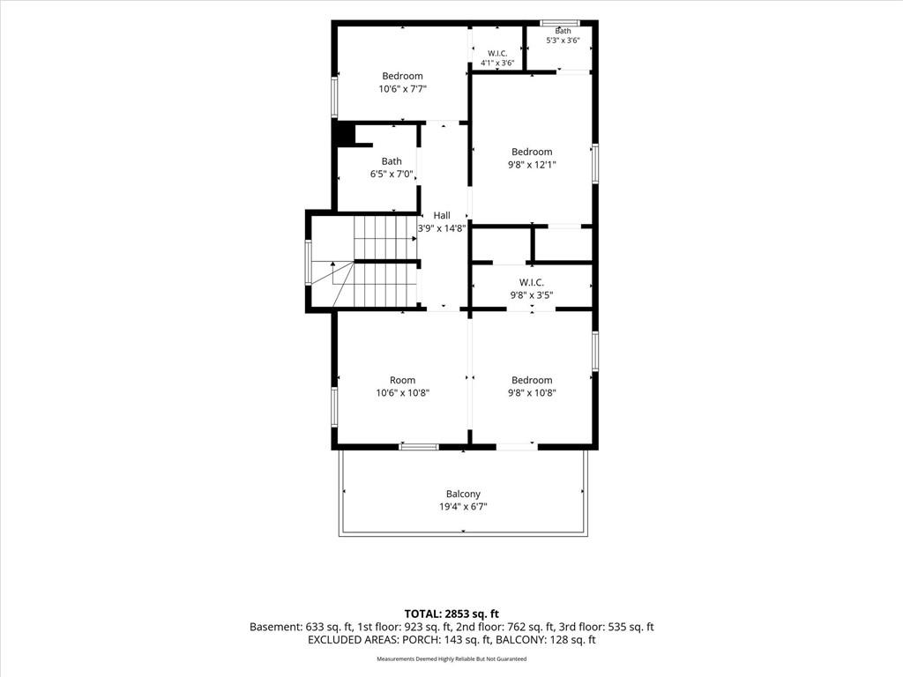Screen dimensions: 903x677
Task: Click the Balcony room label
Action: click(463, 494)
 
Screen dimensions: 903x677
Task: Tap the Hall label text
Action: click(442, 215)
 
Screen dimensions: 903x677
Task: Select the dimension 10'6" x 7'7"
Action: click(402, 89)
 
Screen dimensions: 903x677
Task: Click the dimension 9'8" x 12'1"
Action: click(532, 165)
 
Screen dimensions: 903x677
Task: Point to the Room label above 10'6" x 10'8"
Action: click(402, 380)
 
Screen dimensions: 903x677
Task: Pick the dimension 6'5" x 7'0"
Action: click(392, 174)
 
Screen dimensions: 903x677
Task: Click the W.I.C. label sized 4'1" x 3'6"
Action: click(497, 54)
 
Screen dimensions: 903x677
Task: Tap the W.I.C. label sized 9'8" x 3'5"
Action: click(531, 282)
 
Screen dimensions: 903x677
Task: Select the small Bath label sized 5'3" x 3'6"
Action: click(563, 31)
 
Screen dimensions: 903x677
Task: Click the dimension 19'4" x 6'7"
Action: click(463, 507)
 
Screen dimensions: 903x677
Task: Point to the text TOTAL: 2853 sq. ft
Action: click(451, 614)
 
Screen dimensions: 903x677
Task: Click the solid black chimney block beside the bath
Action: click(345, 134)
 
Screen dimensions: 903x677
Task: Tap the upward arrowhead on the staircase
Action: click(332, 264)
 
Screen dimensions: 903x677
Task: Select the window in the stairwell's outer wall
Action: click(308, 263)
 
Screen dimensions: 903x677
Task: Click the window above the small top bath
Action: click(560, 23)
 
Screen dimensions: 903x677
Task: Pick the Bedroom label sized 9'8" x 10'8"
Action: click(532, 380)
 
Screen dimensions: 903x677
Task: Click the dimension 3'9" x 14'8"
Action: click(442, 228)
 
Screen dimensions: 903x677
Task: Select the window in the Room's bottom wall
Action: click(419, 446)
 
